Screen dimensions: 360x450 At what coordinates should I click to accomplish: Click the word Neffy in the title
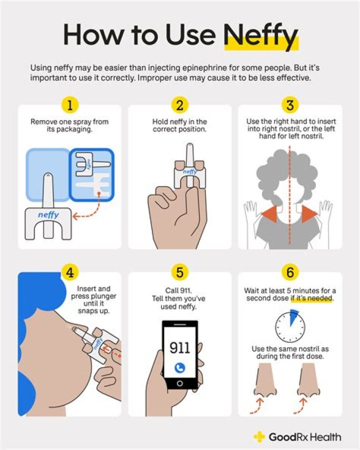[260, 36]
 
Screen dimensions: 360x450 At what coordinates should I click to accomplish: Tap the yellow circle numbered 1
[69, 105]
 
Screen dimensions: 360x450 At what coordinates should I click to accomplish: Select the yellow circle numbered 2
[179, 105]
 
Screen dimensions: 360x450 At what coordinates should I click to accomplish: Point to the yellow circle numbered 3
[290, 105]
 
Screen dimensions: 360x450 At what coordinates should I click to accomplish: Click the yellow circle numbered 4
[69, 272]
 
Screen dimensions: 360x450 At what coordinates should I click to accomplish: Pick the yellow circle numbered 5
[179, 272]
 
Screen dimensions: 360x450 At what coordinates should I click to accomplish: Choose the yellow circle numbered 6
[290, 272]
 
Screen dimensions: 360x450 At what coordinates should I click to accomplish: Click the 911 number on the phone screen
[179, 347]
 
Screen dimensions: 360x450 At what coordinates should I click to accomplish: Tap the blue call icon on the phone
[179, 367]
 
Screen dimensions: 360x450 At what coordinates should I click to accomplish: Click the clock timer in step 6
[290, 326]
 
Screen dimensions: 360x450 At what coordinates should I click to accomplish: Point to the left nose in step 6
[265, 380]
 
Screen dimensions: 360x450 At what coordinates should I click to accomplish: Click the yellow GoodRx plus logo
[259, 437]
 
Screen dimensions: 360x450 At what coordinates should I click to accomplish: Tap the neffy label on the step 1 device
[48, 214]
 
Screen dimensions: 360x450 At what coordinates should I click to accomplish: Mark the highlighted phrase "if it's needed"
[311, 298]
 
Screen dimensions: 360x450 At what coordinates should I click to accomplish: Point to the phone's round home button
[179, 383]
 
